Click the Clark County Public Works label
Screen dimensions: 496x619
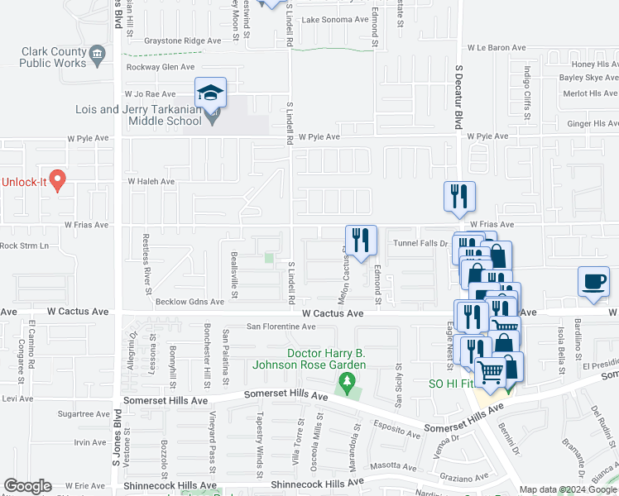click(x=54, y=56)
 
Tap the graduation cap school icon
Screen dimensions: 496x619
click(x=210, y=92)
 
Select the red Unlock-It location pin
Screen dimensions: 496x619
click(x=57, y=179)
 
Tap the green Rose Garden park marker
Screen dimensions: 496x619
click(x=347, y=381)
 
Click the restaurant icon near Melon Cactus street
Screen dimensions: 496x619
click(x=361, y=241)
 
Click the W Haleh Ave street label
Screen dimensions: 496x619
click(x=151, y=181)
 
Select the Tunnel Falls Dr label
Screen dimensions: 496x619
click(x=420, y=243)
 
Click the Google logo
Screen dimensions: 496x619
click(x=27, y=485)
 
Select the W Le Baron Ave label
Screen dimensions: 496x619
click(x=497, y=48)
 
